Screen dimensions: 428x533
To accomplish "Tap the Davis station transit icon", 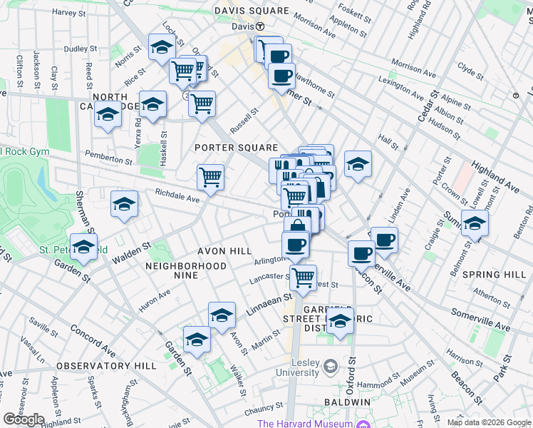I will coord(260,26).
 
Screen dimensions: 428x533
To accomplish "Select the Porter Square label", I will coord(236,147).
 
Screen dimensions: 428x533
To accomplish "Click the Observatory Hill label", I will coord(106,365).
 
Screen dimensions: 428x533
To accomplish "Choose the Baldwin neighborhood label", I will coord(346,402).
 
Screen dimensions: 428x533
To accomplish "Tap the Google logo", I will coord(24,419).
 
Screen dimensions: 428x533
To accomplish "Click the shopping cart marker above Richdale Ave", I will coord(210,176).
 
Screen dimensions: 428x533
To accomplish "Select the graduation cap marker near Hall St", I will coord(358,163).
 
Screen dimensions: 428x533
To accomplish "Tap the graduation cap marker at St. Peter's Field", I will coord(84,248).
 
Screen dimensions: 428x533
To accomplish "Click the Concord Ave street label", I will coord(92,341).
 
